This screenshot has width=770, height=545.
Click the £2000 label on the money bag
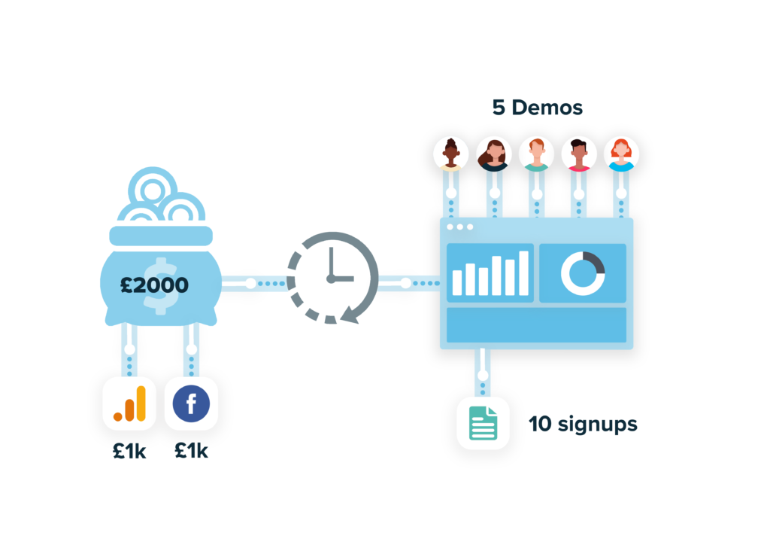(x=156, y=285)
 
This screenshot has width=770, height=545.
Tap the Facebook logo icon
(x=191, y=403)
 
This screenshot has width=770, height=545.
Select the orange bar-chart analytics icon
(x=129, y=403)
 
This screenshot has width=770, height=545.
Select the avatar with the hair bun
(x=451, y=153)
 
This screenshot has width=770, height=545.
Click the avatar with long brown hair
(x=494, y=153)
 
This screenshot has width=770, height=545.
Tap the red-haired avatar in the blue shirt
(x=620, y=153)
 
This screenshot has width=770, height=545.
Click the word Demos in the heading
(x=547, y=108)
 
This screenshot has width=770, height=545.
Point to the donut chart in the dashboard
(x=583, y=272)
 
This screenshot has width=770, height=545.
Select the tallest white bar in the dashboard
(x=523, y=272)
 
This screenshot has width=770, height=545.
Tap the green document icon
(x=483, y=422)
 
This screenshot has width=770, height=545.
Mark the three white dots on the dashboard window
(x=459, y=227)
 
